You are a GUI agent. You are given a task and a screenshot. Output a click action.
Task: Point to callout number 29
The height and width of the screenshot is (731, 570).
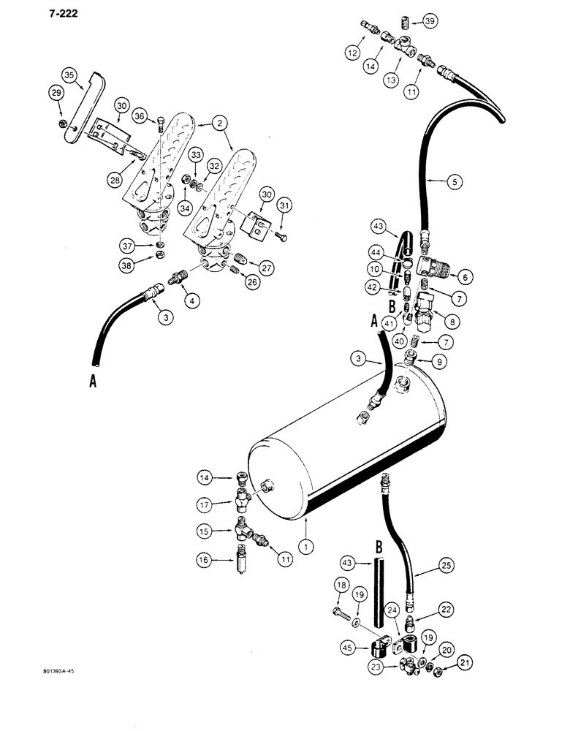[x=56, y=91]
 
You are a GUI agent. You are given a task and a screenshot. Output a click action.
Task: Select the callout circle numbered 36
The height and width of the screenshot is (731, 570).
[x=140, y=115]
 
